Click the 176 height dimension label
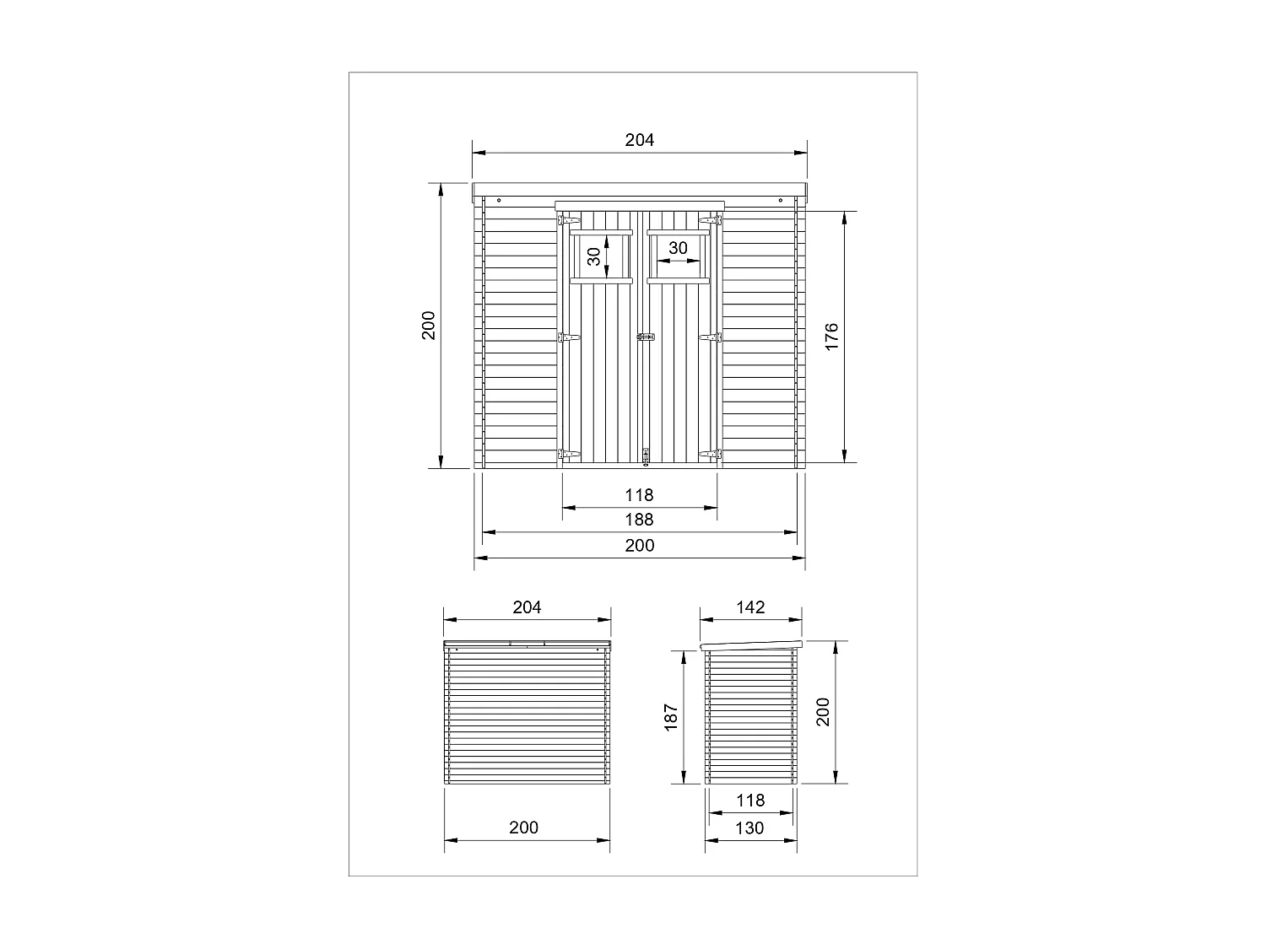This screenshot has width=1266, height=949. click(831, 337)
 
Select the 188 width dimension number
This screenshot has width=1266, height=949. click(640, 520)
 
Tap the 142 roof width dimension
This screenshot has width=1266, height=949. click(750, 607)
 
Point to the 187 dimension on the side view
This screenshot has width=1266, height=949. click(672, 717)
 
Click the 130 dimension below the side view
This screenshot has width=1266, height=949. click(749, 828)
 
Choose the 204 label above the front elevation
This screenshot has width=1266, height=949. click(640, 140)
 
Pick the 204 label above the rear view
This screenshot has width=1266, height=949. click(527, 607)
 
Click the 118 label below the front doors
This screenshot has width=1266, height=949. click(640, 495)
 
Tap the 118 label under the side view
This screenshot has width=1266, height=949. click(749, 801)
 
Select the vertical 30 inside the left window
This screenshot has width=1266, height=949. click(594, 256)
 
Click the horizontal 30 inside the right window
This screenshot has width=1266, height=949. click(678, 248)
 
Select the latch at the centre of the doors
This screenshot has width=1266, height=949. click(646, 337)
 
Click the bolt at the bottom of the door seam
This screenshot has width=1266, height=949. click(647, 456)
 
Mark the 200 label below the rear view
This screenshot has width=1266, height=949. click(523, 828)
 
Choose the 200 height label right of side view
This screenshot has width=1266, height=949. click(824, 711)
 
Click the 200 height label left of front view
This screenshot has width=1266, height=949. click(429, 326)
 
